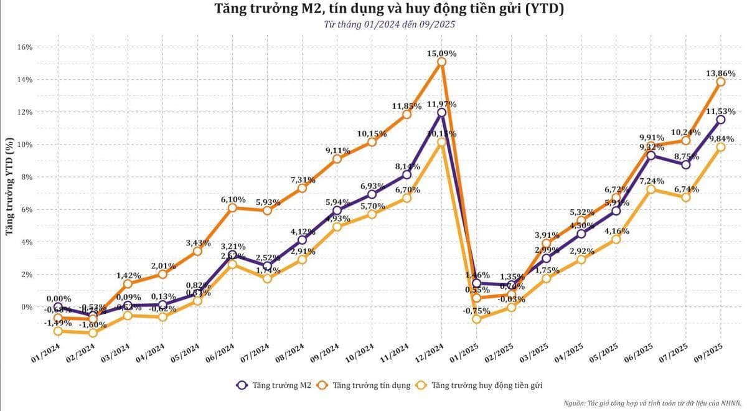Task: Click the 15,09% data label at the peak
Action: click(x=441, y=54)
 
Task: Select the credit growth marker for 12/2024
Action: click(x=441, y=62)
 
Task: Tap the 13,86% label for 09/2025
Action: click(x=720, y=73)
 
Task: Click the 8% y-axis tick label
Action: click(x=27, y=177)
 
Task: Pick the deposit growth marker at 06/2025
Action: click(x=651, y=189)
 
